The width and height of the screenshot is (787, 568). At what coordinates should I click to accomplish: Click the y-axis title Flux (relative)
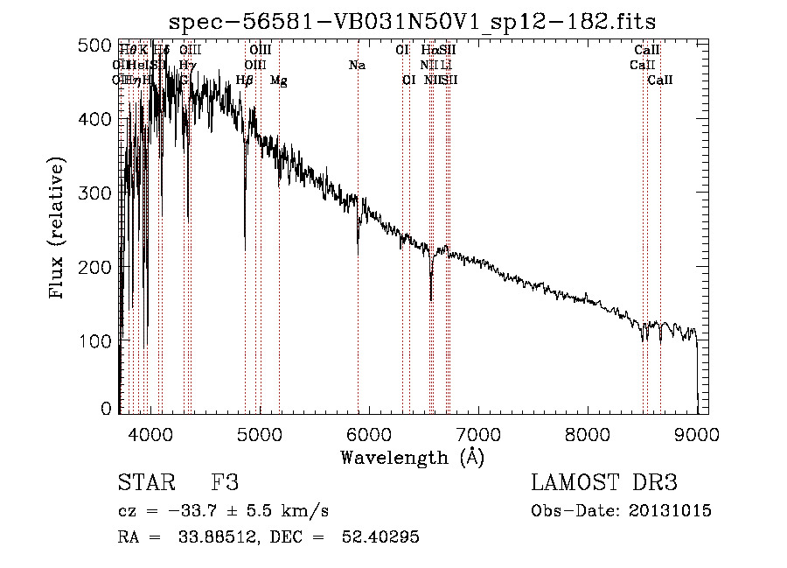pyautogui.click(x=58, y=229)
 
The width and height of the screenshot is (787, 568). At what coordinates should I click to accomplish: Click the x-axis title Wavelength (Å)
pyautogui.click(x=412, y=457)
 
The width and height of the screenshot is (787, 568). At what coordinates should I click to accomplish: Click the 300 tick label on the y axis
pyautogui.click(x=96, y=192)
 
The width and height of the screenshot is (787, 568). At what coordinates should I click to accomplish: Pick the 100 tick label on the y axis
pyautogui.click(x=96, y=339)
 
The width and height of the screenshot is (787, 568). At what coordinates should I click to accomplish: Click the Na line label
pyautogui.click(x=357, y=65)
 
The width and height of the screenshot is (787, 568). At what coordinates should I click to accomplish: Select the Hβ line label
pyautogui.click(x=245, y=80)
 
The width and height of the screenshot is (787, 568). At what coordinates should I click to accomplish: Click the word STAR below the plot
pyautogui.click(x=140, y=484)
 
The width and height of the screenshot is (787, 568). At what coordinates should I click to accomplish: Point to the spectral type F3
pyautogui.click(x=225, y=484)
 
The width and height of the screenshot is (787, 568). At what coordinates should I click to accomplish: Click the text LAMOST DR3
pyautogui.click(x=603, y=484)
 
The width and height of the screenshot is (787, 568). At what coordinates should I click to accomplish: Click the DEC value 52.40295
pyautogui.click(x=382, y=537)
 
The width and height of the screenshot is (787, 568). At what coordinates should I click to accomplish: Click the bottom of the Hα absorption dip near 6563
pyautogui.click(x=430, y=299)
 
